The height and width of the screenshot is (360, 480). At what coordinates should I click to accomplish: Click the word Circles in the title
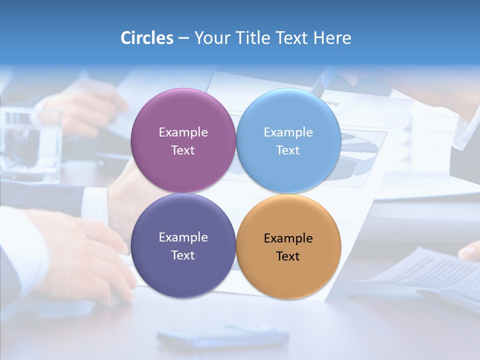tap(146, 38)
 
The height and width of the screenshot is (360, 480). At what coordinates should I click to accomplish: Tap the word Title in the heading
tap(254, 38)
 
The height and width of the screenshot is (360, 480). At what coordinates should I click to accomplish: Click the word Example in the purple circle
tap(183, 132)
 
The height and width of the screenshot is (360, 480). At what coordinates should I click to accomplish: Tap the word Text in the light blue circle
tap(288, 150)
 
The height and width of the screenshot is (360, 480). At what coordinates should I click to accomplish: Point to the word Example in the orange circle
tap(288, 238)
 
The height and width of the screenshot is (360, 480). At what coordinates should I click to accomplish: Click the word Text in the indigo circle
tap(183, 255)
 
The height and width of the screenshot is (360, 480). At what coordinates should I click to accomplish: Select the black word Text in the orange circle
tap(288, 256)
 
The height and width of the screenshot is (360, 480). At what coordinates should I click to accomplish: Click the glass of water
tap(30, 145)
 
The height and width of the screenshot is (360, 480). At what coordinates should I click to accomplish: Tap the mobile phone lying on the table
tap(222, 336)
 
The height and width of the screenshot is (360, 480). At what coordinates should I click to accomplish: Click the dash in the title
tap(183, 38)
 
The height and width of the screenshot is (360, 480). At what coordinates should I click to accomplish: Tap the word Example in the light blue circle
tap(288, 132)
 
